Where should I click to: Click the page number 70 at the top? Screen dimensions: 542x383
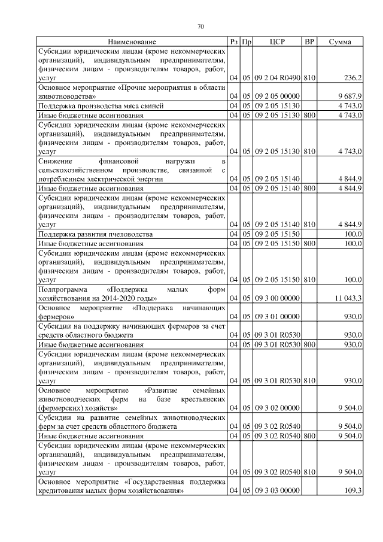click(201, 26)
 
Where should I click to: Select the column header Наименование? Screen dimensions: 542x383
click(132, 42)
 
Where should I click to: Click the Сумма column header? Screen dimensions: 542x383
click(340, 42)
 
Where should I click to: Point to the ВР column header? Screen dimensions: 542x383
click(309, 42)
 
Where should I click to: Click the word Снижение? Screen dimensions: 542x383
click(54, 161)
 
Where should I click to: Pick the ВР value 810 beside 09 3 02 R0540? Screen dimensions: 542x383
click(309, 472)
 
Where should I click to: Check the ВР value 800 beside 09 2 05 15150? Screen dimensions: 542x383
click(309, 243)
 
